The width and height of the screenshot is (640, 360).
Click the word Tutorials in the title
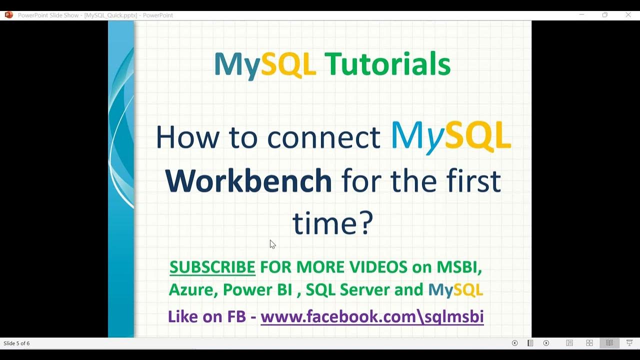387,64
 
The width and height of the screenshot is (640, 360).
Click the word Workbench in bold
248,181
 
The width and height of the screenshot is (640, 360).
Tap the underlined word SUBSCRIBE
212,267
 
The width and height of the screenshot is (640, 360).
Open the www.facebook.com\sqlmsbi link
372,316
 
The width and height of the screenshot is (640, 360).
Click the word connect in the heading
323,137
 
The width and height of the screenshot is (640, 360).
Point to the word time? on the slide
332,223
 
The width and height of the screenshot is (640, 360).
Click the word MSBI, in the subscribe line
459,267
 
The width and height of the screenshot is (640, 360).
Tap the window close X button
628,15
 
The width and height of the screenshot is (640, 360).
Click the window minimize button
581,15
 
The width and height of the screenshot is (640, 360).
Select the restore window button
604,15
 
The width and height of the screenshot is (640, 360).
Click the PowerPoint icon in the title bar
8,15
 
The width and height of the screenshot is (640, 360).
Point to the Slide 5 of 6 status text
16,343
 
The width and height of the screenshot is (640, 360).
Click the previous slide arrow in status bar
514,343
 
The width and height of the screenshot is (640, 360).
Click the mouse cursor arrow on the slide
272,244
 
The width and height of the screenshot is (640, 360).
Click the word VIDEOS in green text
378,267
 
